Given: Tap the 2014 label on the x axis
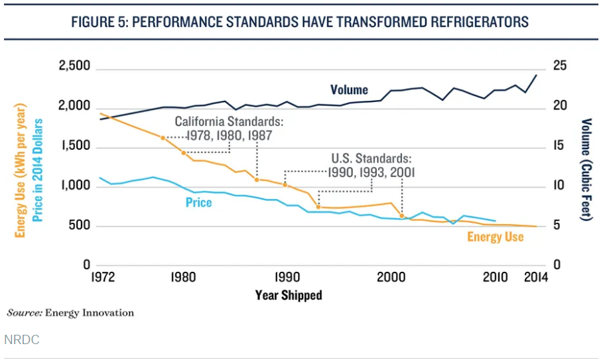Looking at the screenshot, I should pos(535,278).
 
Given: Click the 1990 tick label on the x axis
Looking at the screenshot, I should pos(286,278).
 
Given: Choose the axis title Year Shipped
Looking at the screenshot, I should pos(289,296).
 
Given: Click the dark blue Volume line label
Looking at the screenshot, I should pos(349,90).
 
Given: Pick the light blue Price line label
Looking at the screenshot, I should pos(198,202).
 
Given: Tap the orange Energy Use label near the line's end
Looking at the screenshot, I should pos(496,237).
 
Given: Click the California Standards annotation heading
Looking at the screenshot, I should pos(229,122).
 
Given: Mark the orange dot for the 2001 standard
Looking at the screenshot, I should pos(401,216).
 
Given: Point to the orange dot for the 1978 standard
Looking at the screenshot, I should pos(163,138).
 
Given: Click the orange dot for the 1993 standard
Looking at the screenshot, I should pos(318,207).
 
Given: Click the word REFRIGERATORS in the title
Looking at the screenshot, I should pos(467,22).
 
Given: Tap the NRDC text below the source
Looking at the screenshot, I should pos(22,339).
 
